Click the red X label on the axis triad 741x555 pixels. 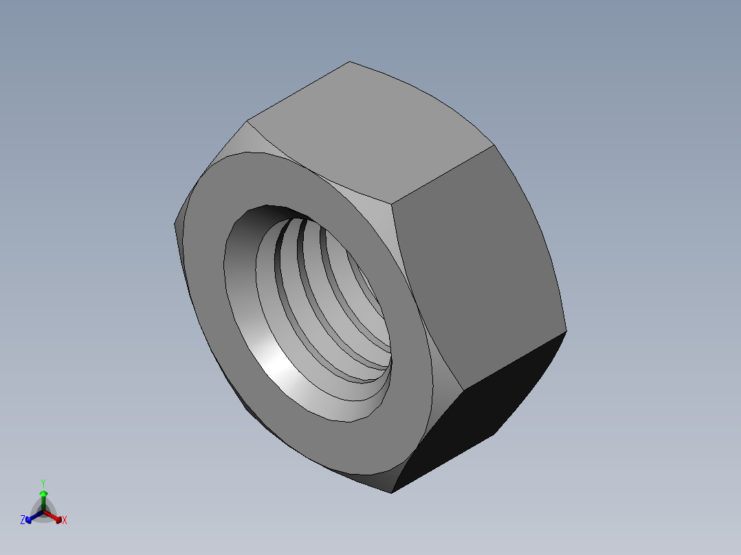coord(65,521)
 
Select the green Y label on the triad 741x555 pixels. coord(43,483)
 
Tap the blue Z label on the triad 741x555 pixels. coord(23,521)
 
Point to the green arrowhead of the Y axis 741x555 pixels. coord(43,493)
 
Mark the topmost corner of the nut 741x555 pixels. coord(349,62)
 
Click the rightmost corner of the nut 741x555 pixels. coord(566,331)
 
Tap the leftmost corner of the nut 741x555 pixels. coord(175,223)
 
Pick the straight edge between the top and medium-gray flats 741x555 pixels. coord(443,174)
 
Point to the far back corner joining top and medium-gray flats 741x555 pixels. coord(494,146)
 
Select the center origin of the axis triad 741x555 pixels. coord(43,512)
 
